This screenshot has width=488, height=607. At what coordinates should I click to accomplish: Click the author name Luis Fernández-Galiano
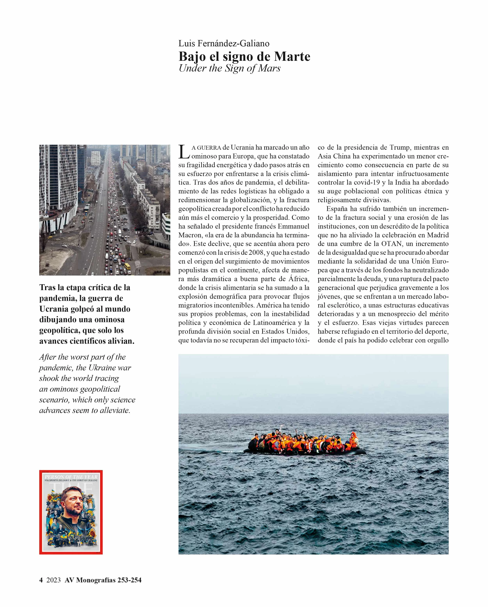click(224, 43)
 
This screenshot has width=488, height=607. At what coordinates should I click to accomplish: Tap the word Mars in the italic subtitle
click(269, 68)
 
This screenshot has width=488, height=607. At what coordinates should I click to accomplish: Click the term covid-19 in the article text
click(367, 182)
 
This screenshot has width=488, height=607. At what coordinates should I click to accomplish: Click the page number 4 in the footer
click(41, 580)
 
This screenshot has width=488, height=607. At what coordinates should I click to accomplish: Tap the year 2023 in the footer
click(53, 580)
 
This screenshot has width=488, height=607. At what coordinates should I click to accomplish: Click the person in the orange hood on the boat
click(355, 437)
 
